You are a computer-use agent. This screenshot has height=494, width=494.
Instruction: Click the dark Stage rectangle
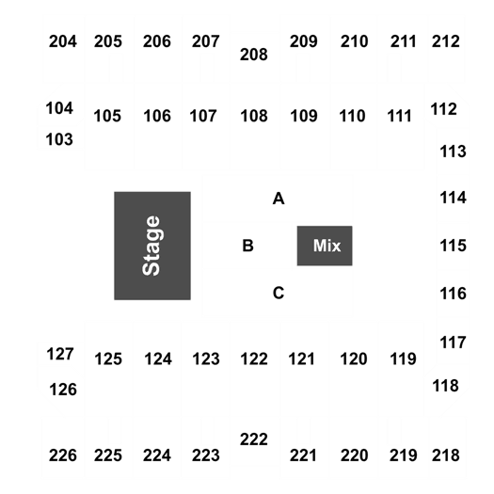point(152,246)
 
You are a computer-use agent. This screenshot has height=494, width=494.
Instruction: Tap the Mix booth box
point(325,246)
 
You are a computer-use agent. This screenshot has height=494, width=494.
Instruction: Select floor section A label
point(279,199)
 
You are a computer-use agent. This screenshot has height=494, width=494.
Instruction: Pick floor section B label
point(248,246)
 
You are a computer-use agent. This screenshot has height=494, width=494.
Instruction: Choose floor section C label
point(279,293)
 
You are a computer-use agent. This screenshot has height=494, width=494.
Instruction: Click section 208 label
point(254,55)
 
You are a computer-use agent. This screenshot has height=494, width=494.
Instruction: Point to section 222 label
point(254,439)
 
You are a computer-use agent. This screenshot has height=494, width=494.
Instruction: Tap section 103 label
point(59,139)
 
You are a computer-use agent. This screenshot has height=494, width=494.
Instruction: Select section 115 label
point(453,246)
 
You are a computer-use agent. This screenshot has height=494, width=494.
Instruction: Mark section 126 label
point(63,390)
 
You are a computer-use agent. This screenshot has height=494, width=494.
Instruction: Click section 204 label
point(63,41)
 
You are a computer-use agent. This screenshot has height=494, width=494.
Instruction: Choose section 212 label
point(445,41)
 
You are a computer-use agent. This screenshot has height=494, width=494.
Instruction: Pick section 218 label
point(445,455)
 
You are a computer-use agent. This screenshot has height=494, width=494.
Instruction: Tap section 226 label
point(63,455)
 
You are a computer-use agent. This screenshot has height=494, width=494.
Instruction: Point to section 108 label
point(254,116)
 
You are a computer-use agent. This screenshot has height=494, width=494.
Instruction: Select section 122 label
point(254,359)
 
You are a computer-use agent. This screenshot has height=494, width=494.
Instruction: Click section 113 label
point(453,151)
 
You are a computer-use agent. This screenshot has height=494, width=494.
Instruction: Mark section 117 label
point(453,343)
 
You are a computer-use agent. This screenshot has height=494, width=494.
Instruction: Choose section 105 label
point(107,116)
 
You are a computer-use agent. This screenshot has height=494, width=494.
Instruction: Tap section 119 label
point(404,359)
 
